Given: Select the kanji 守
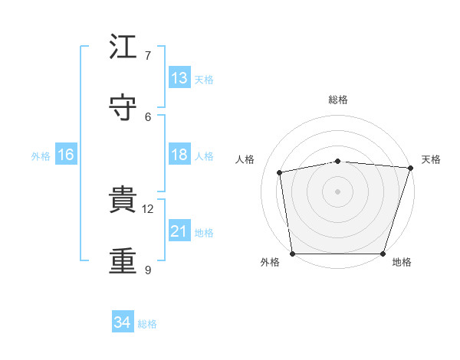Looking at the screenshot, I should click(123, 108).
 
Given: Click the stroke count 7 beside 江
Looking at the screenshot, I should click(148, 56).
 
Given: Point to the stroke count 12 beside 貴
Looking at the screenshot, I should click(148, 208).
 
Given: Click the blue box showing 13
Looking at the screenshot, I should click(179, 78).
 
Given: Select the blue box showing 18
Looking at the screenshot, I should click(179, 155).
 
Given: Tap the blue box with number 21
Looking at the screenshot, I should click(179, 231).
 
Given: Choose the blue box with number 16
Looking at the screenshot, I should click(66, 155).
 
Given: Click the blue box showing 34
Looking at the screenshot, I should click(122, 322).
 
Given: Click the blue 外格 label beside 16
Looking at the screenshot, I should click(41, 155).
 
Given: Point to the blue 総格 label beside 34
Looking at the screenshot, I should click(147, 324).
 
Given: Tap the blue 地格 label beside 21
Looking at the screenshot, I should click(204, 232).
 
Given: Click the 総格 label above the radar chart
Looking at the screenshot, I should click(338, 100).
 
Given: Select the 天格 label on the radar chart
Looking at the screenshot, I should click(431, 159).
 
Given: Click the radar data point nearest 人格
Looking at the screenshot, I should click(281, 172).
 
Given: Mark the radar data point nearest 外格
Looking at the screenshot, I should click(293, 253).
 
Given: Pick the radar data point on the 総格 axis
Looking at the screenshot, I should click(338, 161).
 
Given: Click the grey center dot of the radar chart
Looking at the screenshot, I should click(338, 191).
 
